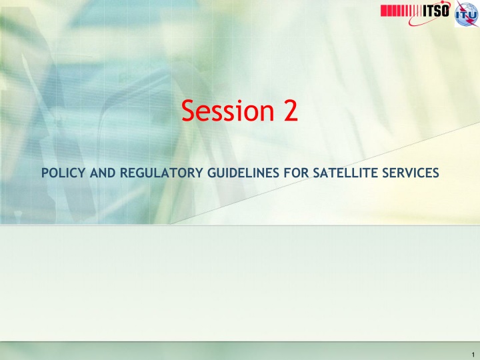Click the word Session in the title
coord(228,110)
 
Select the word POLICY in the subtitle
coord(63,173)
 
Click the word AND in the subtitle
coord(103,173)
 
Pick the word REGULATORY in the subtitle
coord(161,173)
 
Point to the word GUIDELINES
coord(243,173)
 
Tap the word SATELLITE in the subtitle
coord(345,173)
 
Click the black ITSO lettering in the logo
coord(436,11)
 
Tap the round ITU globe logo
coord(466,15)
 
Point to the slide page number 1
coord(473,355)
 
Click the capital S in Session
coord(189,110)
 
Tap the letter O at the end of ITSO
coord(445,11)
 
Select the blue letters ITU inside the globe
coord(466,15)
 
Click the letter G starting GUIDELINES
coord(212,173)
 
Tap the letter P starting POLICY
coord(45,173)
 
